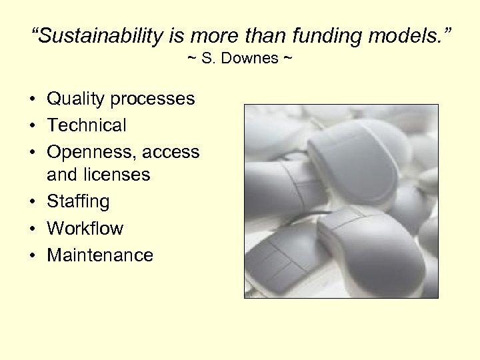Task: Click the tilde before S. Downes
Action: click(191, 59)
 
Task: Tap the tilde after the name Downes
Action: click(287, 59)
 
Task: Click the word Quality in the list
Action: click(76, 99)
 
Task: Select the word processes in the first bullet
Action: click(153, 99)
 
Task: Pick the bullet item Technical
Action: click(86, 125)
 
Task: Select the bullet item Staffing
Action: click(78, 201)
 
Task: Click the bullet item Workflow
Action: click(85, 229)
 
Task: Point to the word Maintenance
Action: click(99, 255)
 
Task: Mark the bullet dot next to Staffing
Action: click(32, 202)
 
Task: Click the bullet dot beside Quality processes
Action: click(32, 100)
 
